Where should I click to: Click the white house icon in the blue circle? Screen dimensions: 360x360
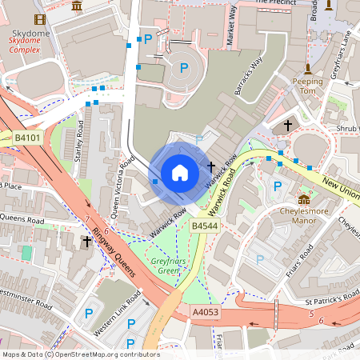click(180, 173)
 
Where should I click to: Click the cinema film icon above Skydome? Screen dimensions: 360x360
click(40, 18)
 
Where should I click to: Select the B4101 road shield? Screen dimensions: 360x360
click(28, 138)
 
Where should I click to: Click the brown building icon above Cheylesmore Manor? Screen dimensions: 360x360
click(304, 199)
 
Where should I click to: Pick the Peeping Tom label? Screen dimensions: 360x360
click(307, 86)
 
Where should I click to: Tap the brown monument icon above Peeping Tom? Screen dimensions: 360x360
click(307, 69)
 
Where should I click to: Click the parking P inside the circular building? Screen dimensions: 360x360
click(184, 69)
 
